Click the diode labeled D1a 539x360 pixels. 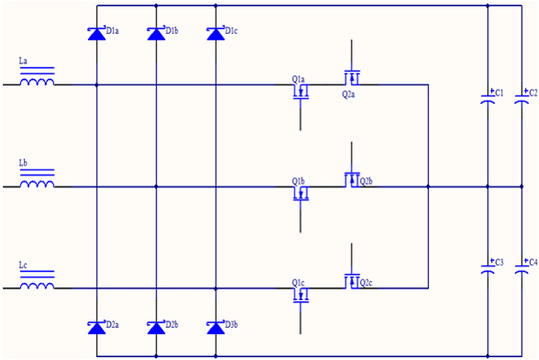coord(96,34)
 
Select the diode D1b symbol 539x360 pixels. coord(156,34)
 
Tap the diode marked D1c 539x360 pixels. coord(216,34)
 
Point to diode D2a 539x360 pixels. coord(96,327)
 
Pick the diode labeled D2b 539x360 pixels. coord(156,327)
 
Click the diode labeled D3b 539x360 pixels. coord(216,327)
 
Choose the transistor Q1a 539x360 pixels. coord(301,93)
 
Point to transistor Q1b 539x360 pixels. coord(301,194)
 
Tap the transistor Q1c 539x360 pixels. coord(301,295)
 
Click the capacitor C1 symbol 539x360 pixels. coord(487,95)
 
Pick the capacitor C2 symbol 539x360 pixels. coord(524,95)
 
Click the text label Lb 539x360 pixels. coord(23,163)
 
